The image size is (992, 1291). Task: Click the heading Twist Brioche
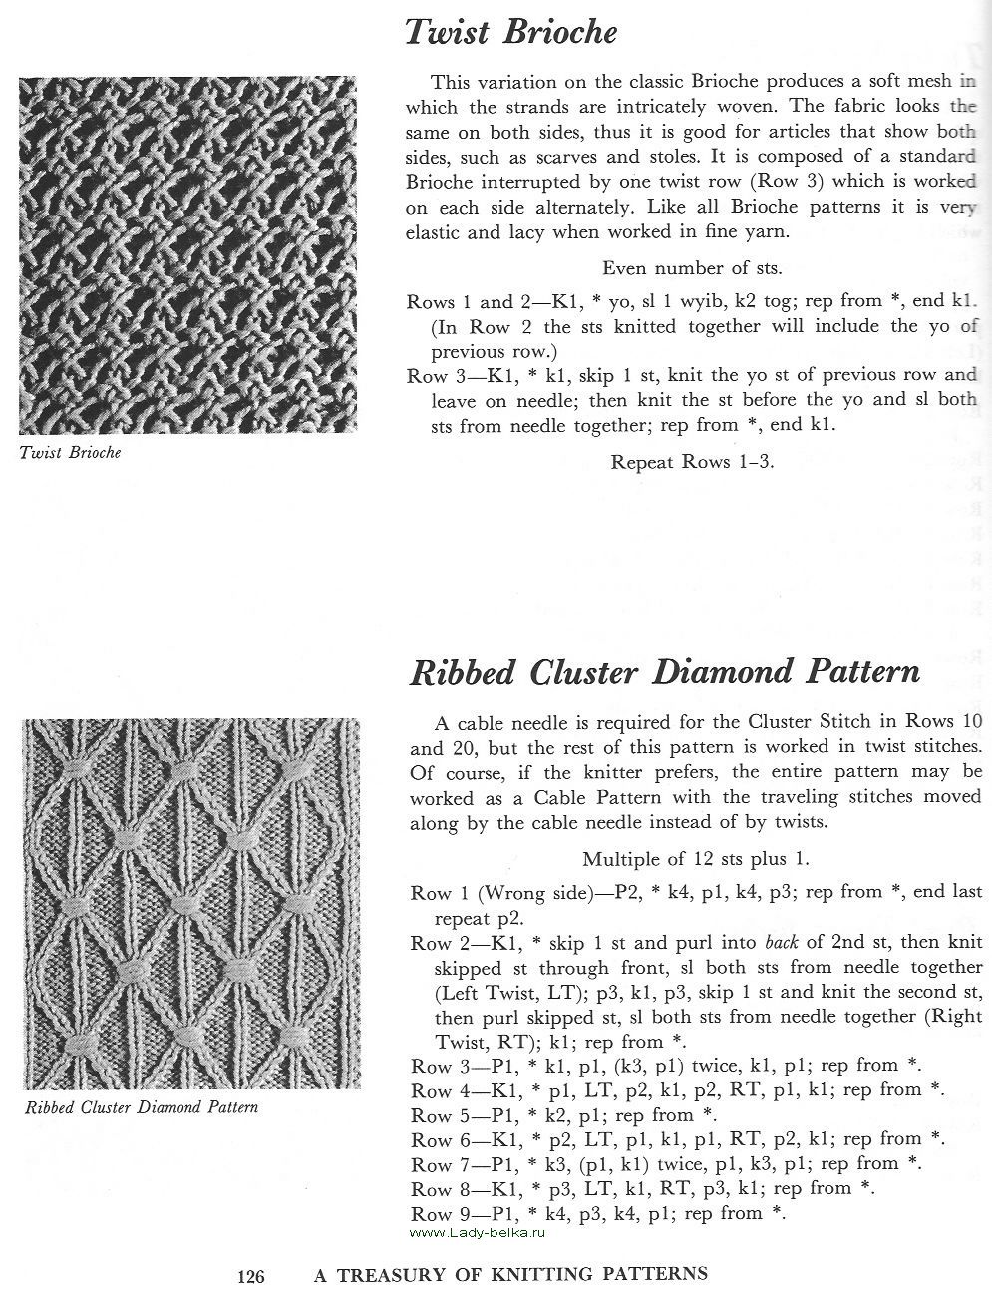pyautogui.click(x=510, y=33)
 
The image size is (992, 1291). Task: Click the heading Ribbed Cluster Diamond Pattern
pyautogui.click(x=664, y=672)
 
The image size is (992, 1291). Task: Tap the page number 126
pyautogui.click(x=250, y=1275)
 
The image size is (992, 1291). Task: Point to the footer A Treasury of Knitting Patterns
pyautogui.click(x=510, y=1274)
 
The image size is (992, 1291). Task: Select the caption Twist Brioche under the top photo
pyautogui.click(x=70, y=452)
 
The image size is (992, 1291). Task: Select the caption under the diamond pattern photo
pyautogui.click(x=141, y=1107)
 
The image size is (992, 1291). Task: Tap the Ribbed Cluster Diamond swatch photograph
pyautogui.click(x=187, y=903)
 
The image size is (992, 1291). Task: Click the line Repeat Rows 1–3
pyautogui.click(x=691, y=462)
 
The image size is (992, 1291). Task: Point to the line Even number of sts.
pyautogui.click(x=691, y=267)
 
